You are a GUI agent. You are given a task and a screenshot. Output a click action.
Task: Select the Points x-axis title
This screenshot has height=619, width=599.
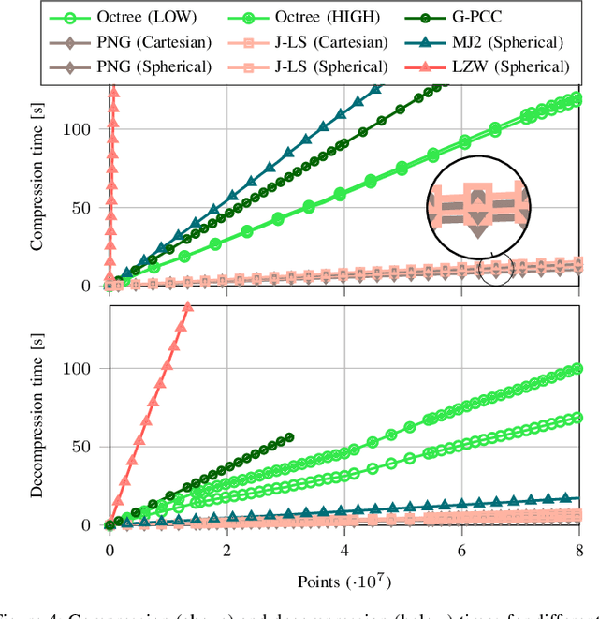[343, 580]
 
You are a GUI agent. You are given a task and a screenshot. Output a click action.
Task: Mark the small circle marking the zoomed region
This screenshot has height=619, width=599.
[496, 269]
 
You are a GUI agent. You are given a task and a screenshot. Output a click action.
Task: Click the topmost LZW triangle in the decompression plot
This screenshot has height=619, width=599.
[187, 307]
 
